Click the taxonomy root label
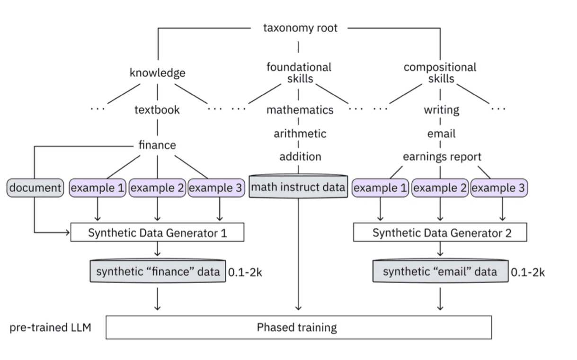(300, 28)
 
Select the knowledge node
(157, 73)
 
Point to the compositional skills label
(440, 73)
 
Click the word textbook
(157, 110)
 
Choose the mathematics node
(300, 110)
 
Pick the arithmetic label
(300, 134)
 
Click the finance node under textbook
(157, 145)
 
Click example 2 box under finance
(157, 188)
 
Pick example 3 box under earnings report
(499, 188)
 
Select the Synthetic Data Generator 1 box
(157, 233)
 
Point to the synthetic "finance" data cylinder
(158, 272)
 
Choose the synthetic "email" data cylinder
(440, 272)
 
